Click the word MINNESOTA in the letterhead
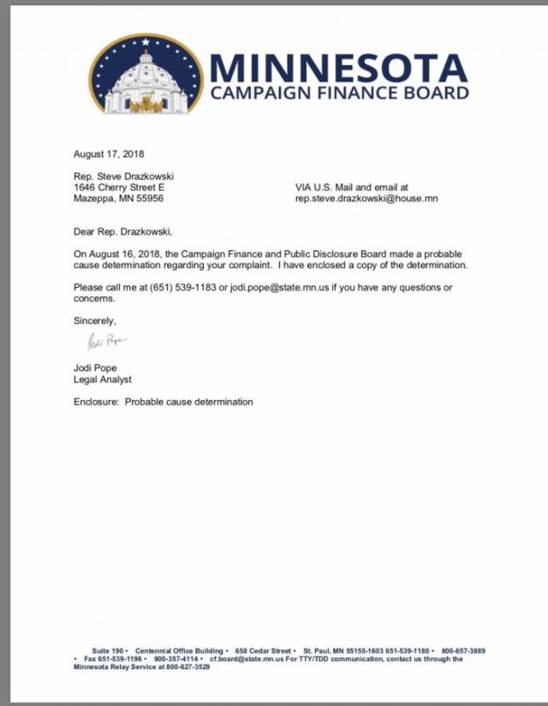[338, 67]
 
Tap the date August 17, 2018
[109, 154]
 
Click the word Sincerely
[94, 320]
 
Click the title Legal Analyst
[103, 380]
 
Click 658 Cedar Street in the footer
[265, 651]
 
